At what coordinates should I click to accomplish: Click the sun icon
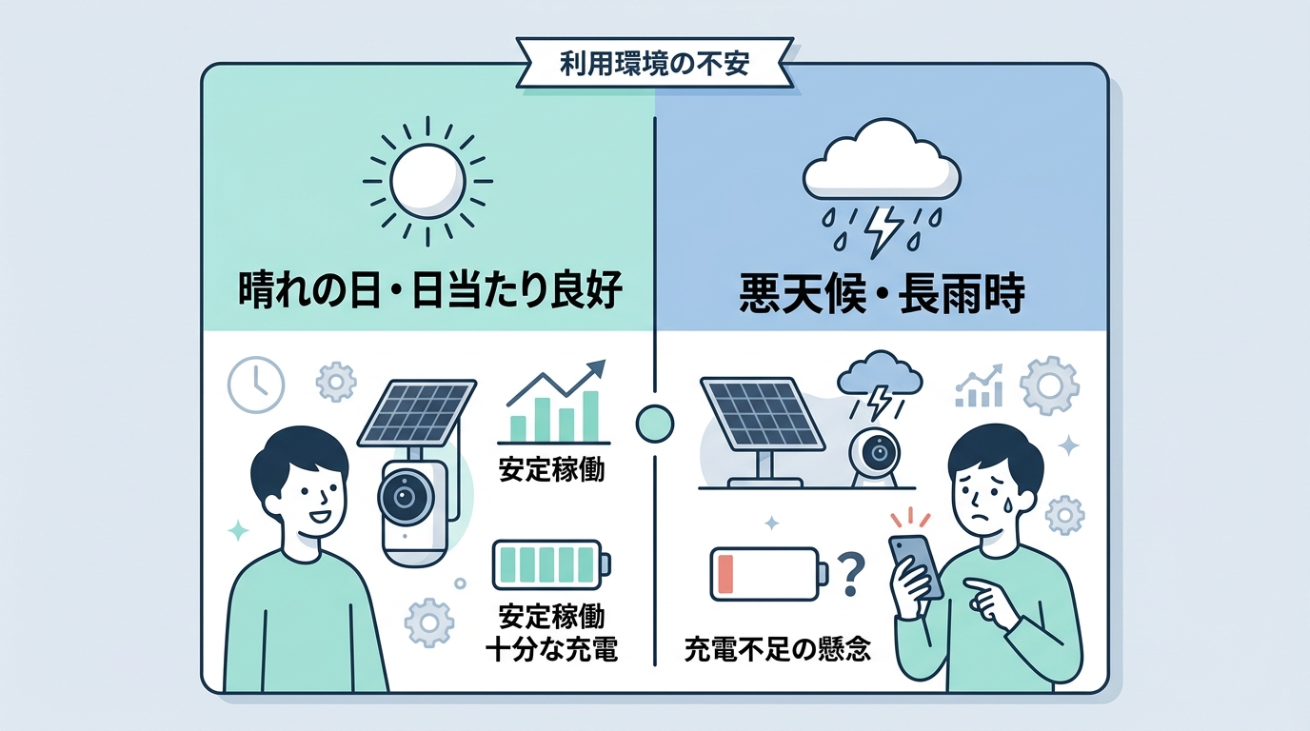pyautogui.click(x=427, y=181)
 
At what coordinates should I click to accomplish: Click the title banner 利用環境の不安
pyautogui.click(x=654, y=65)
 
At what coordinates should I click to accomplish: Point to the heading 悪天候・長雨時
pyautogui.click(x=882, y=295)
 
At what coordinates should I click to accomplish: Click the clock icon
pyautogui.click(x=255, y=385)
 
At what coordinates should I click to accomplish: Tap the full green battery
pyautogui.click(x=551, y=565)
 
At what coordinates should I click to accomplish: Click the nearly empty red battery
pyautogui.click(x=769, y=574)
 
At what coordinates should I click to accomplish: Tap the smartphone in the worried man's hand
pyautogui.click(x=916, y=567)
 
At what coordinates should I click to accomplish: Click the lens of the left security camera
pyautogui.click(x=404, y=497)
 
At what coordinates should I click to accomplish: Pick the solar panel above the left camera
pyautogui.click(x=416, y=411)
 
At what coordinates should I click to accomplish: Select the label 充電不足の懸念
pyautogui.click(x=777, y=648)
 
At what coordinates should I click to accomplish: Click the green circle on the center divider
pyautogui.click(x=654, y=424)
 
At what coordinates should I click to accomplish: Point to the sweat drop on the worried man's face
pyautogui.click(x=1001, y=502)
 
